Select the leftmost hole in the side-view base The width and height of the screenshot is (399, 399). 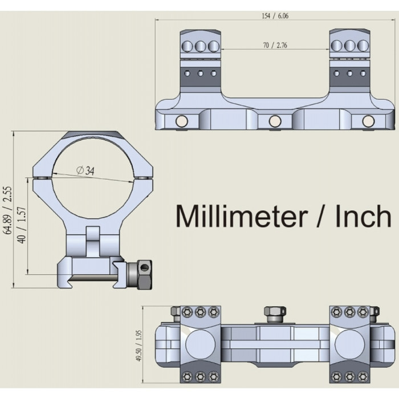(181, 121)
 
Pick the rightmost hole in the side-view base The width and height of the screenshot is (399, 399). (368, 121)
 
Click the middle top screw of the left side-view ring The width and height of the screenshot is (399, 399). (200, 45)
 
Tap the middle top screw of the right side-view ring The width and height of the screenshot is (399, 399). (349, 45)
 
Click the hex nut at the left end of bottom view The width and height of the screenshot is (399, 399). (175, 311)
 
